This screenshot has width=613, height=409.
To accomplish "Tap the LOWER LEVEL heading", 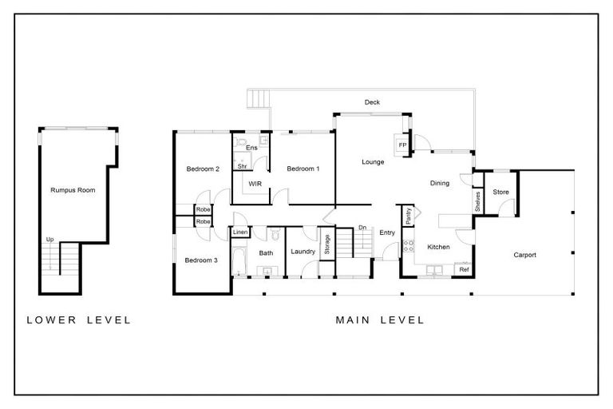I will (x=79, y=320).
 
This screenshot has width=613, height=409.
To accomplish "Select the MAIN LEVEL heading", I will (x=380, y=320).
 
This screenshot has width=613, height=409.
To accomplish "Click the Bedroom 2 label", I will (x=203, y=169).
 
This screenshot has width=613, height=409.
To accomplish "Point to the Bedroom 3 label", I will (x=201, y=260).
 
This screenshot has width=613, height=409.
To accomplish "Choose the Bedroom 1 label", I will (x=303, y=169).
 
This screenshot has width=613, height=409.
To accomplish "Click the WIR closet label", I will (x=255, y=184).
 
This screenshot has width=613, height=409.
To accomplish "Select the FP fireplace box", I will (x=402, y=145).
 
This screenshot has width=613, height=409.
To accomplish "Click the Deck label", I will (x=372, y=103).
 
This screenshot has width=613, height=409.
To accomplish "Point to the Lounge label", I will (x=373, y=162).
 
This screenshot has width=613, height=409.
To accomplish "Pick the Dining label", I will (x=439, y=184).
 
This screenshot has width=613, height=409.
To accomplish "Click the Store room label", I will (x=500, y=193).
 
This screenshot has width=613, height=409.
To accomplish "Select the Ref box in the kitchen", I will (x=463, y=270).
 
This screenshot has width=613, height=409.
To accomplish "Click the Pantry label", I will (x=408, y=216).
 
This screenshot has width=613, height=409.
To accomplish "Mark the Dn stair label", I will (x=362, y=228).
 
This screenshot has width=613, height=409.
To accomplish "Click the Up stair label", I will (x=49, y=240).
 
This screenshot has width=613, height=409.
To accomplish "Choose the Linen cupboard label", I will (x=240, y=232).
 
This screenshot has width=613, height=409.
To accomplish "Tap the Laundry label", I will (x=303, y=252).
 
